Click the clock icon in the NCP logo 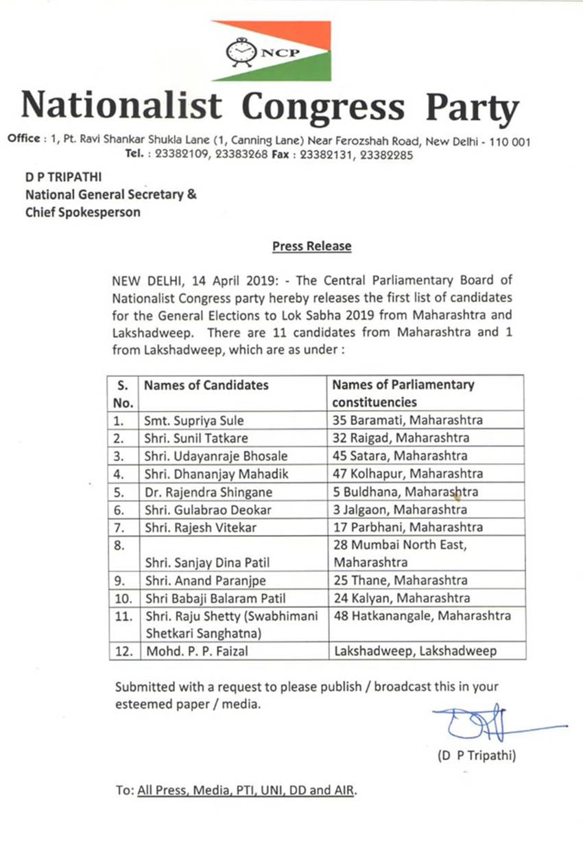click(x=239, y=52)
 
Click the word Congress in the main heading click(x=324, y=106)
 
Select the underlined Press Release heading click(x=311, y=246)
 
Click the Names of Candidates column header click(x=206, y=385)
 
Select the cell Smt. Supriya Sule click(x=193, y=420)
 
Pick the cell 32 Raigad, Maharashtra click(x=401, y=438)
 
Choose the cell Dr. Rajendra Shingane click(x=208, y=492)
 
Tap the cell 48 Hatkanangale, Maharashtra click(x=422, y=616)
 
